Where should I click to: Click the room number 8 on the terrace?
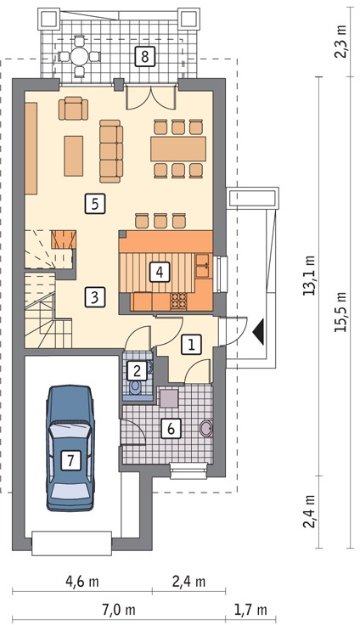144,56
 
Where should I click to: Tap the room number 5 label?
94,204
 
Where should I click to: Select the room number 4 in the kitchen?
159,273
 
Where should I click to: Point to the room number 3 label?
94,297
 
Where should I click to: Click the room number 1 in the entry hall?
191,345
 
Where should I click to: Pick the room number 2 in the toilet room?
138,371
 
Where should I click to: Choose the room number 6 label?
171,429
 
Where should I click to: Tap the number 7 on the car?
70,461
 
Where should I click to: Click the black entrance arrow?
259,332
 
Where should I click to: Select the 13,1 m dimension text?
310,275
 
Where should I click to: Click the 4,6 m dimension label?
82,582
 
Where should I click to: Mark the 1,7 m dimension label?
250,610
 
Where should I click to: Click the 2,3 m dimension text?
341,44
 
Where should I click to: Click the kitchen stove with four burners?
179,301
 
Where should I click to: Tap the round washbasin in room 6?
206,429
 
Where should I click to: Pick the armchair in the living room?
73,109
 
